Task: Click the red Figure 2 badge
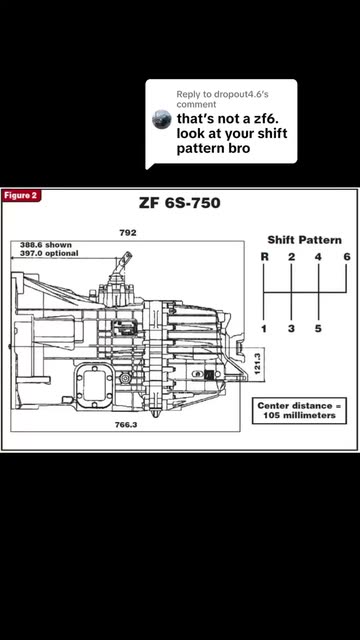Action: (x=20, y=196)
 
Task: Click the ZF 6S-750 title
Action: (x=180, y=203)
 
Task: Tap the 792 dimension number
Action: (x=128, y=233)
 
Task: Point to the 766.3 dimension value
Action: (x=126, y=425)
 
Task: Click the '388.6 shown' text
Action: (x=46, y=245)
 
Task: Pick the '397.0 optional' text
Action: (x=49, y=253)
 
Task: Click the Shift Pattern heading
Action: (x=304, y=240)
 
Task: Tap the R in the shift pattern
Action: (x=264, y=257)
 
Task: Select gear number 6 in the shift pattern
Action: (x=347, y=257)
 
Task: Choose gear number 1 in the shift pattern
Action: (x=264, y=328)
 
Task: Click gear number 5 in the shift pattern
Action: (x=318, y=328)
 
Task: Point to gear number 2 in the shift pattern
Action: (x=291, y=257)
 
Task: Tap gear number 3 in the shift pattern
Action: (x=291, y=328)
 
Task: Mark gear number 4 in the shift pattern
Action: (x=318, y=257)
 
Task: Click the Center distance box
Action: (x=299, y=411)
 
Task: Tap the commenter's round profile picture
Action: (x=162, y=120)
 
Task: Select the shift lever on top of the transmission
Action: (x=123, y=265)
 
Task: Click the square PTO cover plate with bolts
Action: (x=94, y=386)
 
